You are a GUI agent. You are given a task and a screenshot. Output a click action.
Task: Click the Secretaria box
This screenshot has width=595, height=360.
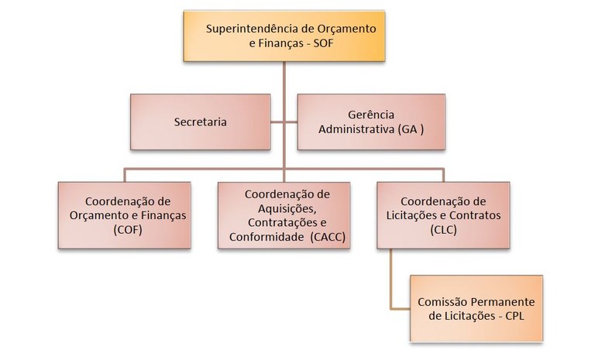point(201,122)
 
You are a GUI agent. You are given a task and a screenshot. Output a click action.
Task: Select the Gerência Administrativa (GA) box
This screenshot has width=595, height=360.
point(371,122)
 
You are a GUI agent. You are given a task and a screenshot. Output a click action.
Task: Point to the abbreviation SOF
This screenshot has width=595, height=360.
point(328,44)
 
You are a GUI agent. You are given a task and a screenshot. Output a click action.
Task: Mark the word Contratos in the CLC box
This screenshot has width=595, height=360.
point(467,214)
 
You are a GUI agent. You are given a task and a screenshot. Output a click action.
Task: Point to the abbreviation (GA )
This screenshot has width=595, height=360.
point(410,129)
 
